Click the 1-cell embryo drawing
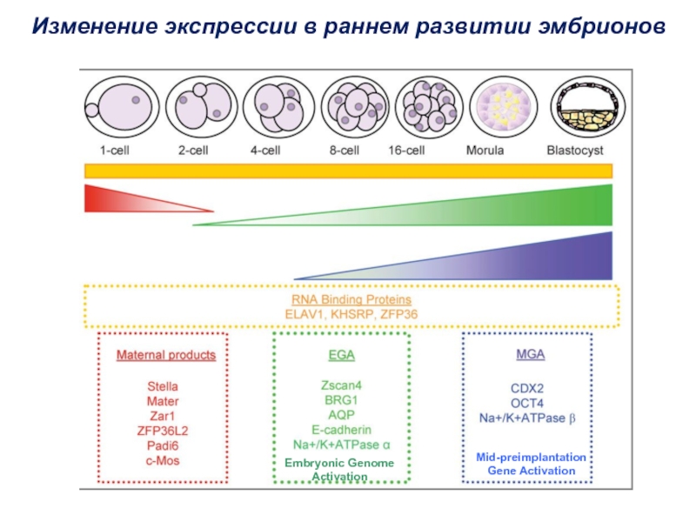tap(122, 107)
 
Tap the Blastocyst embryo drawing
tap(588, 107)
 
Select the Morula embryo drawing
tap(504, 107)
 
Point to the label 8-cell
tap(344, 151)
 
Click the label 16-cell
tap(406, 151)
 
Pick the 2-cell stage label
tap(193, 151)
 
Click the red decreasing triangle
tap(133, 198)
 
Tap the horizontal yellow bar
tap(349, 171)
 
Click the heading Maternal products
tap(166, 355)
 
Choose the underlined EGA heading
tap(341, 355)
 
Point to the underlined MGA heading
tap(531, 354)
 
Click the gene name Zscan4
tap(341, 385)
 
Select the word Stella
tap(163, 386)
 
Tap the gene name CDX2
tap(527, 388)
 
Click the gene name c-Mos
tap(163, 460)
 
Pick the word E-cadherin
tap(341, 430)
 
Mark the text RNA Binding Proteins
tap(351, 299)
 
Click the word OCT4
tap(527, 403)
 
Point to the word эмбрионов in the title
tap(601, 26)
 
